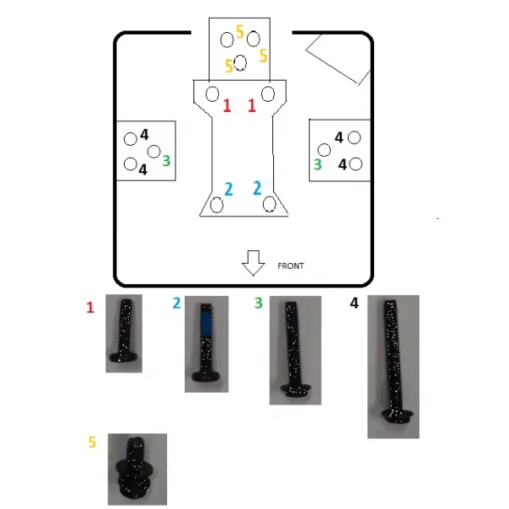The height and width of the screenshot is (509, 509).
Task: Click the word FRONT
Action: click(290, 266)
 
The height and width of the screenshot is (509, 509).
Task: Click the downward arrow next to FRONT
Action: click(253, 263)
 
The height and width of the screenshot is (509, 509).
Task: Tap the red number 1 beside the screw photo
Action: click(90, 307)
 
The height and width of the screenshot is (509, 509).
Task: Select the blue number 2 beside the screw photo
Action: click(177, 303)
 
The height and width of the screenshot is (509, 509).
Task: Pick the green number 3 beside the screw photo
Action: click(259, 303)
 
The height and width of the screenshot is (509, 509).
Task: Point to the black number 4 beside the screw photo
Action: click(354, 303)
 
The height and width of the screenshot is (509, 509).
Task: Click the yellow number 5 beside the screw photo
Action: click(92, 442)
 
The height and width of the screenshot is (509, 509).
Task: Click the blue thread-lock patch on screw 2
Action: click(205, 322)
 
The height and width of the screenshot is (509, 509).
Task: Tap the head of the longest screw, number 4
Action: click(397, 416)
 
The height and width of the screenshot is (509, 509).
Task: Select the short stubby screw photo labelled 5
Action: click(137, 469)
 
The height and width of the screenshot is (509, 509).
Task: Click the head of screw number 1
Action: click(125, 356)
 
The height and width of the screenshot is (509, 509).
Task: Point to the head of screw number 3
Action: click(296, 389)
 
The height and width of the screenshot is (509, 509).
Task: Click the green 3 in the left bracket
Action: click(166, 160)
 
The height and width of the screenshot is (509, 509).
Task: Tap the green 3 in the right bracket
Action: click(318, 165)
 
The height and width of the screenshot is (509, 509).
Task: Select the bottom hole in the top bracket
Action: click(240, 63)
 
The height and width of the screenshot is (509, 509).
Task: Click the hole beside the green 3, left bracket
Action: click(154, 151)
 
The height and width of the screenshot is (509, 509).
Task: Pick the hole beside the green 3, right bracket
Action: click(324, 150)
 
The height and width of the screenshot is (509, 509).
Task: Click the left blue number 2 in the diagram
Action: click(228, 189)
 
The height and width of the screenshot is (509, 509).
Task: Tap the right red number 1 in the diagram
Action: click(252, 105)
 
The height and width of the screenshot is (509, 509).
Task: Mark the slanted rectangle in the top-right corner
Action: click(338, 59)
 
